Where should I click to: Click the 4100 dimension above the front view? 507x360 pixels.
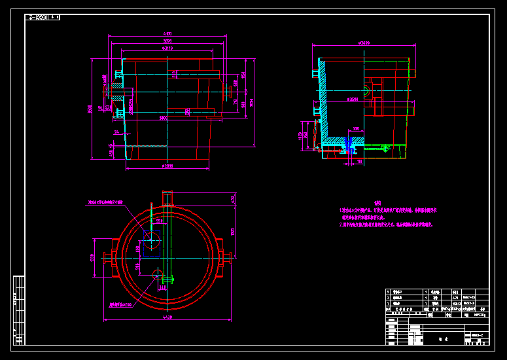click(x=167, y=33)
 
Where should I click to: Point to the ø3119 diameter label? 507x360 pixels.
click(x=167, y=48)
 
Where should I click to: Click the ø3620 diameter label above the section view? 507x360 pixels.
click(x=364, y=43)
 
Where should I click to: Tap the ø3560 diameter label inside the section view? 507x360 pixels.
click(x=353, y=100)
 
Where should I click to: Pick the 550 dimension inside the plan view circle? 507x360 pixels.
click(x=159, y=221)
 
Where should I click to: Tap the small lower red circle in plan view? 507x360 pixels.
click(x=158, y=274)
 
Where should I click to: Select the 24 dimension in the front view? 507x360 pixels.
click(x=116, y=132)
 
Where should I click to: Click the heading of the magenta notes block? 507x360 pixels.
click(x=377, y=203)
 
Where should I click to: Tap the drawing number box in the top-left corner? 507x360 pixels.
click(x=42, y=17)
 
